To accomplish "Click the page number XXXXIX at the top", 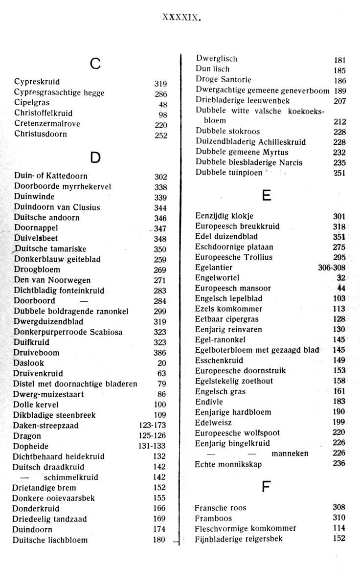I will (x=181, y=18).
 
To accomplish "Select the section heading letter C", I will (x=95, y=64).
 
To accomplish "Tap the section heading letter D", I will (x=95, y=157).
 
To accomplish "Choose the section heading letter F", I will (x=267, y=487).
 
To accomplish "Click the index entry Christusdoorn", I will (x=41, y=134).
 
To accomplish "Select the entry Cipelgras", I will (x=32, y=103).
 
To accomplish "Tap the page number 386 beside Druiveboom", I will (x=160, y=353).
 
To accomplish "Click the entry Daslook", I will (x=28, y=363).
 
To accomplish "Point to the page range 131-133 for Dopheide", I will (x=152, y=446).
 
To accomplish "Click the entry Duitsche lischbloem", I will (x=50, y=540).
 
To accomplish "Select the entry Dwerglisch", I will (x=216, y=59).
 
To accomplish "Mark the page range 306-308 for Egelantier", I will (x=332, y=268).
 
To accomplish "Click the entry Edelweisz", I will (x=213, y=423).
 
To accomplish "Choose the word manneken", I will (x=290, y=453).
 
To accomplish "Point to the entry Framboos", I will (x=213, y=518).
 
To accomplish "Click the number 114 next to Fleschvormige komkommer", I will (x=339, y=528).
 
